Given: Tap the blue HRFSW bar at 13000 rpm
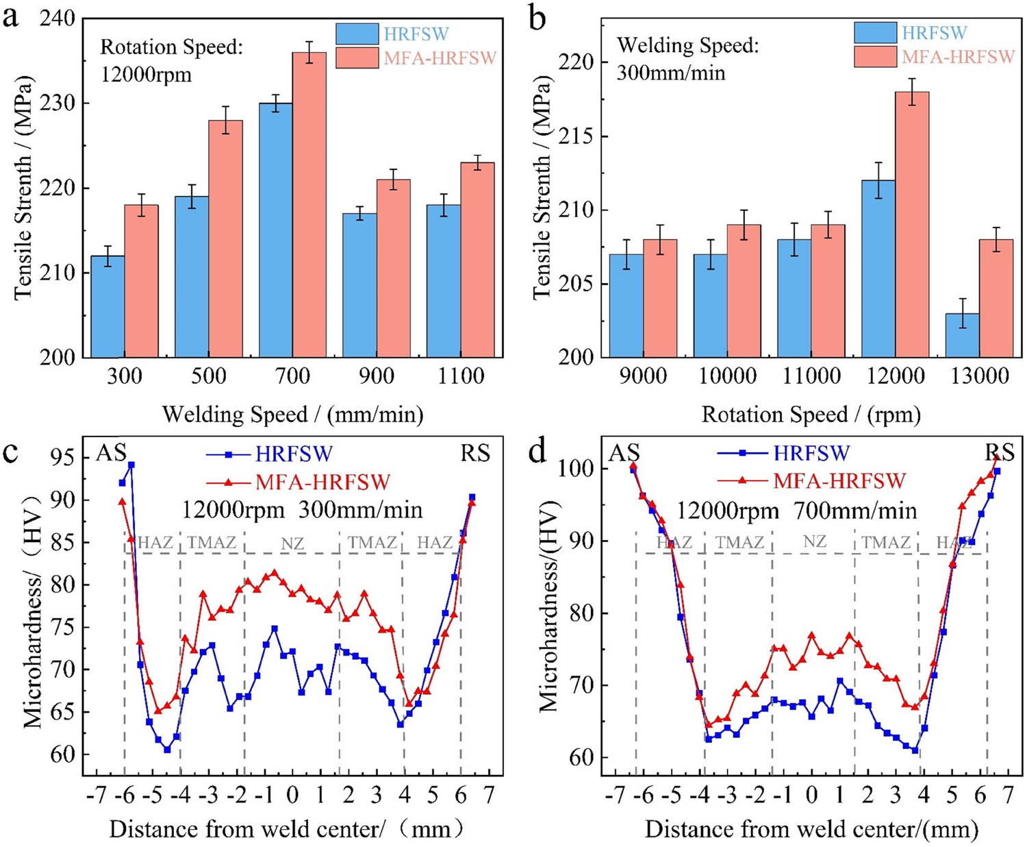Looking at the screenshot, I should [x=962, y=335].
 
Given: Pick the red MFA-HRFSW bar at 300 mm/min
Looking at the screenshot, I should [x=141, y=281].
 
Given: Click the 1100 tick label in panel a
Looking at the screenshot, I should [x=460, y=376].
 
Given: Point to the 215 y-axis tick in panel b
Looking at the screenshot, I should [x=576, y=136].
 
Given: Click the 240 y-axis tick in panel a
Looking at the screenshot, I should [x=57, y=19].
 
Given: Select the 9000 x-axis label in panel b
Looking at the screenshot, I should [x=643, y=376].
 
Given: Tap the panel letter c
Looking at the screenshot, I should [x=10, y=452].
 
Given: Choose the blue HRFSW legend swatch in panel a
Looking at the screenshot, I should [x=357, y=34].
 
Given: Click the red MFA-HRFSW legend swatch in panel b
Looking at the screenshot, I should [x=875, y=56].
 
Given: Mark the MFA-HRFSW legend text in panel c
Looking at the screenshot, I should [x=322, y=482].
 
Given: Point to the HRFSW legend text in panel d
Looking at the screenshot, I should [x=811, y=453].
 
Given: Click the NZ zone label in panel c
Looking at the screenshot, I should [x=292, y=543].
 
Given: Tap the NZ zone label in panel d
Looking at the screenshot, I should [x=814, y=541].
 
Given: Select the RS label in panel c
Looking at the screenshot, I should [x=474, y=453].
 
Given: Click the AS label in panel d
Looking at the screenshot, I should [x=624, y=453].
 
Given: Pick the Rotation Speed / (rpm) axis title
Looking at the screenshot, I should [x=811, y=414].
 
